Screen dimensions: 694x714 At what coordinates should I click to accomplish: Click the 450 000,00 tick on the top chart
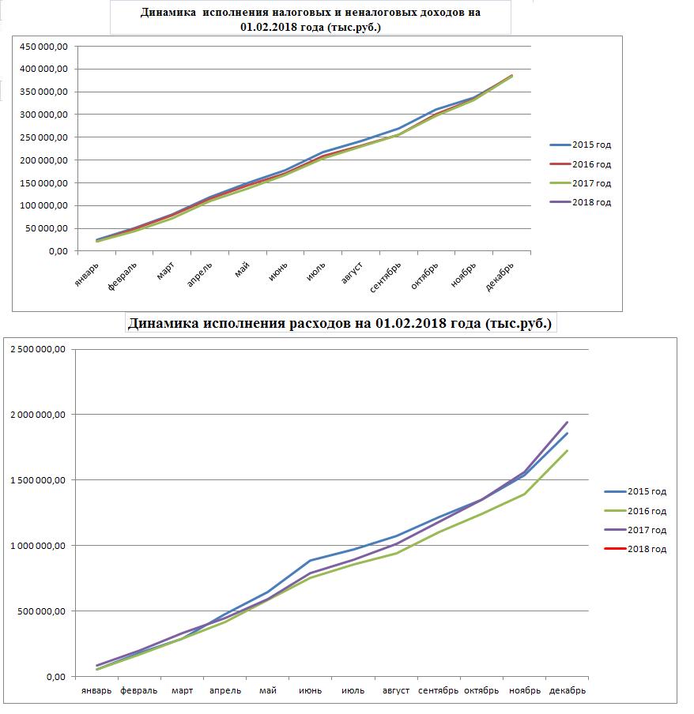[43, 46]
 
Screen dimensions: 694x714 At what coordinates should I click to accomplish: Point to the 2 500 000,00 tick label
[38, 349]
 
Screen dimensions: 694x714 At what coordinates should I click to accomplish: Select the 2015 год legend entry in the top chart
[580, 145]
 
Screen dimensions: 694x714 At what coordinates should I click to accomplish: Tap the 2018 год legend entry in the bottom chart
[636, 549]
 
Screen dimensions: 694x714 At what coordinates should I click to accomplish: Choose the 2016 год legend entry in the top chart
[580, 164]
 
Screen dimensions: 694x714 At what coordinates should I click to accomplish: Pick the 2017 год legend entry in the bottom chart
[636, 530]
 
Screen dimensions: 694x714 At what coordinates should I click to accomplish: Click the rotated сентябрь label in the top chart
[385, 277]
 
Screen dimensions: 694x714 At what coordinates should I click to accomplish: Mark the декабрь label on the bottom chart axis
[568, 691]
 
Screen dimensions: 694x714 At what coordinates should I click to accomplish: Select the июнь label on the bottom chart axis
[311, 691]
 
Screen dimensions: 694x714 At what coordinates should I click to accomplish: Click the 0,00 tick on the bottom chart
[56, 677]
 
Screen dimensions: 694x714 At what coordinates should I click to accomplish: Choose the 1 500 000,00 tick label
[38, 480]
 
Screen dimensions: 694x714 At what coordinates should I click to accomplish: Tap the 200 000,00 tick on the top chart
[43, 160]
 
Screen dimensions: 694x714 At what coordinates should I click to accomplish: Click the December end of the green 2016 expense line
[567, 450]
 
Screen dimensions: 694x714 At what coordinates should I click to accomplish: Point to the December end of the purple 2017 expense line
[567, 422]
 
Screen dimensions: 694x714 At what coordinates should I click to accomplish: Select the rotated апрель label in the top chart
[200, 275]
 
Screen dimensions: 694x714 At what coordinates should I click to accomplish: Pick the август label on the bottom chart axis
[395, 691]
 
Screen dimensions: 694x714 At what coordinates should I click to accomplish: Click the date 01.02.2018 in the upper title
[269, 27]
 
